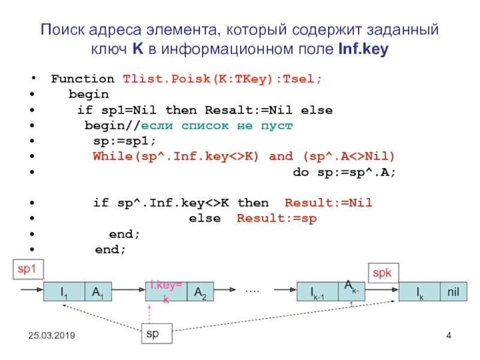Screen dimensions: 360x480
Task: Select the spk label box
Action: [383, 272]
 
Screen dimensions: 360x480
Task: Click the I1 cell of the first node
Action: [63, 292]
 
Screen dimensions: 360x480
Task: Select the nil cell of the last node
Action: [452, 292]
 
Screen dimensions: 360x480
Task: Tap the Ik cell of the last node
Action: [419, 292]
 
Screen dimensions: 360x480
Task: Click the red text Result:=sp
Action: [277, 219]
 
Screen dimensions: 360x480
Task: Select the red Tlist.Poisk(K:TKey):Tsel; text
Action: [222, 79]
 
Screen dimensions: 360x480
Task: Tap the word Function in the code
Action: [83, 79]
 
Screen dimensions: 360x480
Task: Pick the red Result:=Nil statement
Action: [328, 203]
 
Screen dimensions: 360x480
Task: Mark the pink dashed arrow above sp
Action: [149, 314]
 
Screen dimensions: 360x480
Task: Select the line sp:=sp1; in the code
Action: [124, 141]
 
